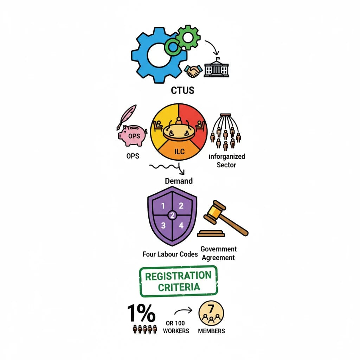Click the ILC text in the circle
179,152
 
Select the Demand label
179,181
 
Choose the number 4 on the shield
181,226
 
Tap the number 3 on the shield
163,226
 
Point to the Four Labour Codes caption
170,254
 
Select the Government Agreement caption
218,253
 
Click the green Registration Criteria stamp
179,281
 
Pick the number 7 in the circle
211,309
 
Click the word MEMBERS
211,331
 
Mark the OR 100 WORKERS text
176,327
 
